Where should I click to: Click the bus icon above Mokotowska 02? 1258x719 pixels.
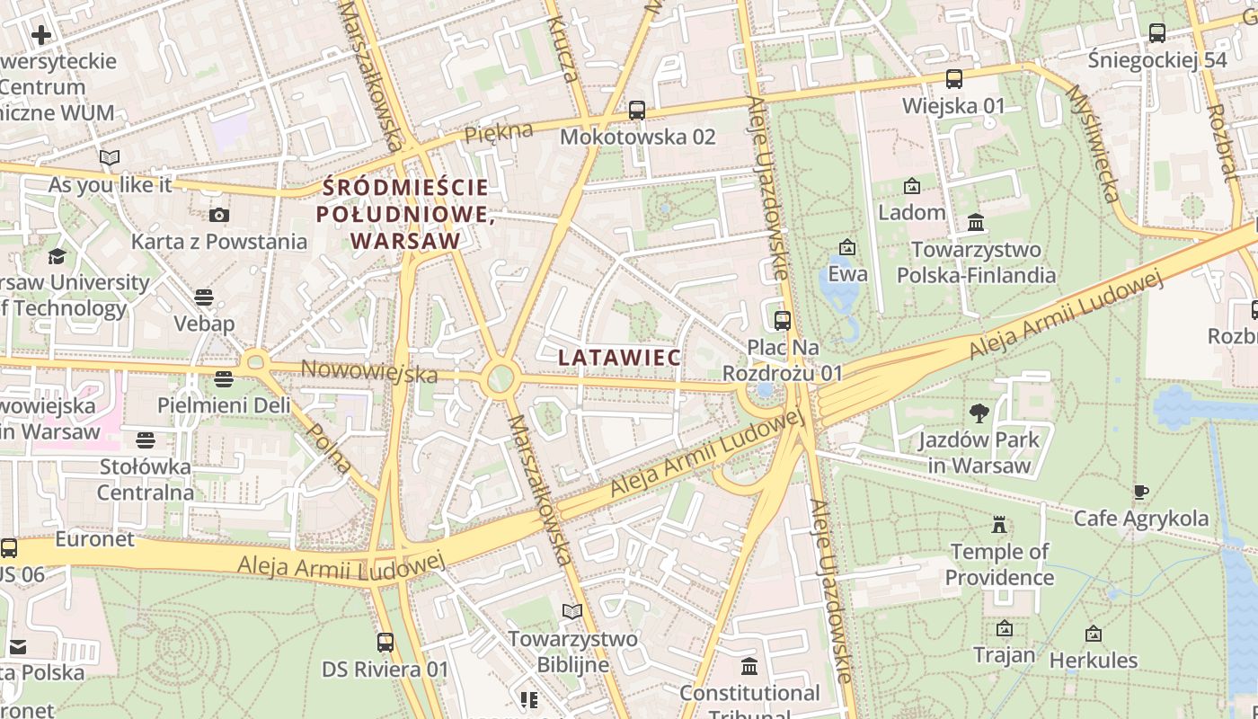[637, 111]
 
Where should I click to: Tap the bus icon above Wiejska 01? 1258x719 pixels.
[954, 79]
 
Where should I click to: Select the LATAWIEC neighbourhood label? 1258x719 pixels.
[619, 357]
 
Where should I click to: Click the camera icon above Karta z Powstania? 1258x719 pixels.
[218, 215]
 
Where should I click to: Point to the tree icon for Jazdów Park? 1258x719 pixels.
[979, 413]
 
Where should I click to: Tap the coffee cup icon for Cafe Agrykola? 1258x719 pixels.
[1140, 492]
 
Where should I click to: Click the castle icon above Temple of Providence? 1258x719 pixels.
[998, 525]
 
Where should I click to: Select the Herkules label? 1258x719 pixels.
[1094, 660]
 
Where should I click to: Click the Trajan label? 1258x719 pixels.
[1005, 654]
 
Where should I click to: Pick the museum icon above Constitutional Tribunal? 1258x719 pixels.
[749, 667]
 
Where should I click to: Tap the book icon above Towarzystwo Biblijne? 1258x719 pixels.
[572, 612]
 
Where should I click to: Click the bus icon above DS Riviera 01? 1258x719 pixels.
[385, 643]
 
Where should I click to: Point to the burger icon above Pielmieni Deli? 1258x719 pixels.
[224, 379]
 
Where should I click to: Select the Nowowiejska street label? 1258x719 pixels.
[369, 369]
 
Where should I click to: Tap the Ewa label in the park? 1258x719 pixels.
[847, 273]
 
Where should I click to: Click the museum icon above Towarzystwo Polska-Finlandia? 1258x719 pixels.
[976, 222]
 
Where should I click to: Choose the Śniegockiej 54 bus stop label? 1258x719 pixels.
[1156, 60]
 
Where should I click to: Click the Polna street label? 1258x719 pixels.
[329, 447]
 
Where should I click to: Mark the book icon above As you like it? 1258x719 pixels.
[110, 158]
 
